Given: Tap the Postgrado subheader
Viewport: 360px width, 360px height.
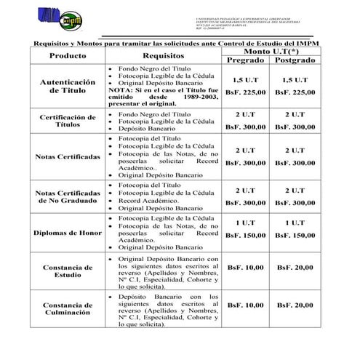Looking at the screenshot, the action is click(x=295, y=60).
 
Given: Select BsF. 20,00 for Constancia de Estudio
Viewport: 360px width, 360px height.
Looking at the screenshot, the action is click(x=295, y=268).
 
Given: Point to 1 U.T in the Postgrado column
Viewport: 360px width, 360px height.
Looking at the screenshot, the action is click(x=295, y=221).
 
